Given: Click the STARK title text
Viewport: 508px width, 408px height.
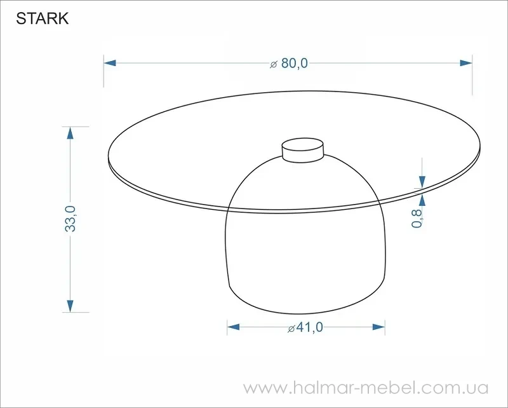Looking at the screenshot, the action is point(43,18).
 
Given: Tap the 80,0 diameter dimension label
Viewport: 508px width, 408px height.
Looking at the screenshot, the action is point(294,64).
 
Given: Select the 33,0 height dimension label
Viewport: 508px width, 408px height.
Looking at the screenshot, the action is point(70,219).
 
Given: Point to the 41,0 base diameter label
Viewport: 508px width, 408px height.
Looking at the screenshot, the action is point(309,327).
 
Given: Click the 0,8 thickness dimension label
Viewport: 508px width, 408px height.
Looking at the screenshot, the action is point(417,219).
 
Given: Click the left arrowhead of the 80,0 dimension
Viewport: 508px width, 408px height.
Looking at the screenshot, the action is point(110,63).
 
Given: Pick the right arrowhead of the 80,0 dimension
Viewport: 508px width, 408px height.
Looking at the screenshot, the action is point(466,63).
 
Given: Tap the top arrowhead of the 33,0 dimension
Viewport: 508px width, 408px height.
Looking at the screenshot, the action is point(70,133).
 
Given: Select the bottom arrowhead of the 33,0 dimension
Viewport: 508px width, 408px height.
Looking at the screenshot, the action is point(70,306).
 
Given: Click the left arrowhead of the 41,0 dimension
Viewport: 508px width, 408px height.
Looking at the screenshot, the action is point(233,327).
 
